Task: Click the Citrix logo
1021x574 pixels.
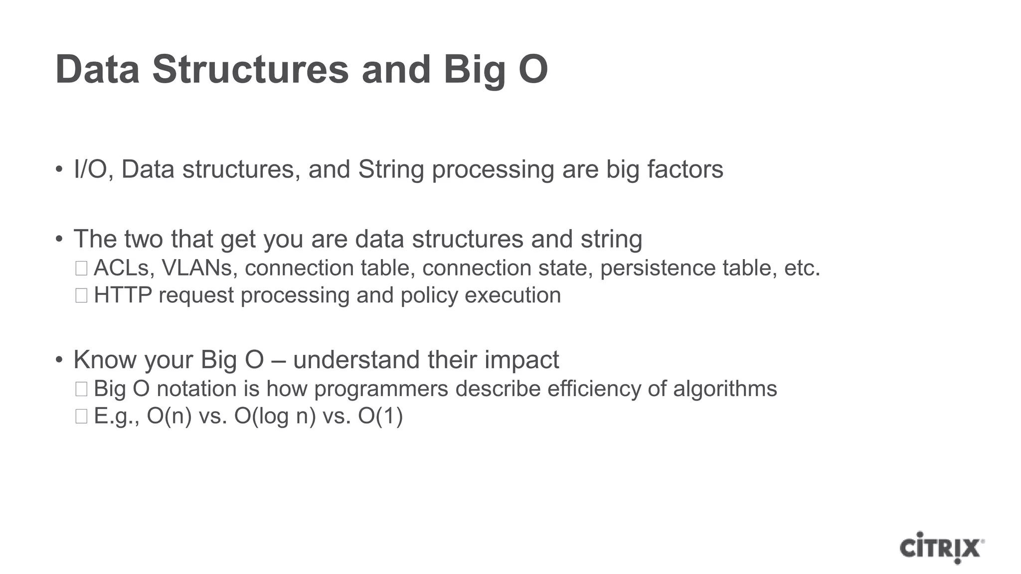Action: [941, 548]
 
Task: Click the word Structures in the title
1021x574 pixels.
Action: [250, 69]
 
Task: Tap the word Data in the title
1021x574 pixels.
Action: [97, 69]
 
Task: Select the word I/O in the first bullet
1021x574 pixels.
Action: [90, 169]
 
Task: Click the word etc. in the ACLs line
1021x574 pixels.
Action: [802, 268]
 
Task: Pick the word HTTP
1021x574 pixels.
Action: [123, 295]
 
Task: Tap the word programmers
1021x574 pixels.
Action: [381, 389]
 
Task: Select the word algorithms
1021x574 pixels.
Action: [725, 389]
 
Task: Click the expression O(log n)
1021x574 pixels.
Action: [275, 416]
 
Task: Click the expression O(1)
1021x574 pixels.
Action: [380, 416]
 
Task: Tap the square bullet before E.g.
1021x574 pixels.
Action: [81, 416]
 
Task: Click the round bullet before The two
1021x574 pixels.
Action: [59, 239]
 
